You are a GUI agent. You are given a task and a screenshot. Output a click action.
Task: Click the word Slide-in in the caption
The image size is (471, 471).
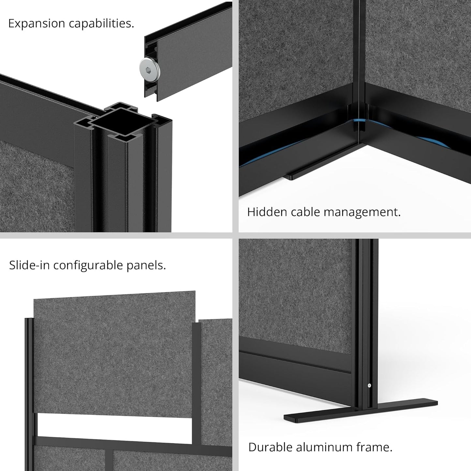[29, 265]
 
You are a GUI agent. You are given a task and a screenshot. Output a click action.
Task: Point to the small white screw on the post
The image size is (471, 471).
[369, 386]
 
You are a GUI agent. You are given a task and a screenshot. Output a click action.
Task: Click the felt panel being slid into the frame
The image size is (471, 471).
[114, 352]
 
